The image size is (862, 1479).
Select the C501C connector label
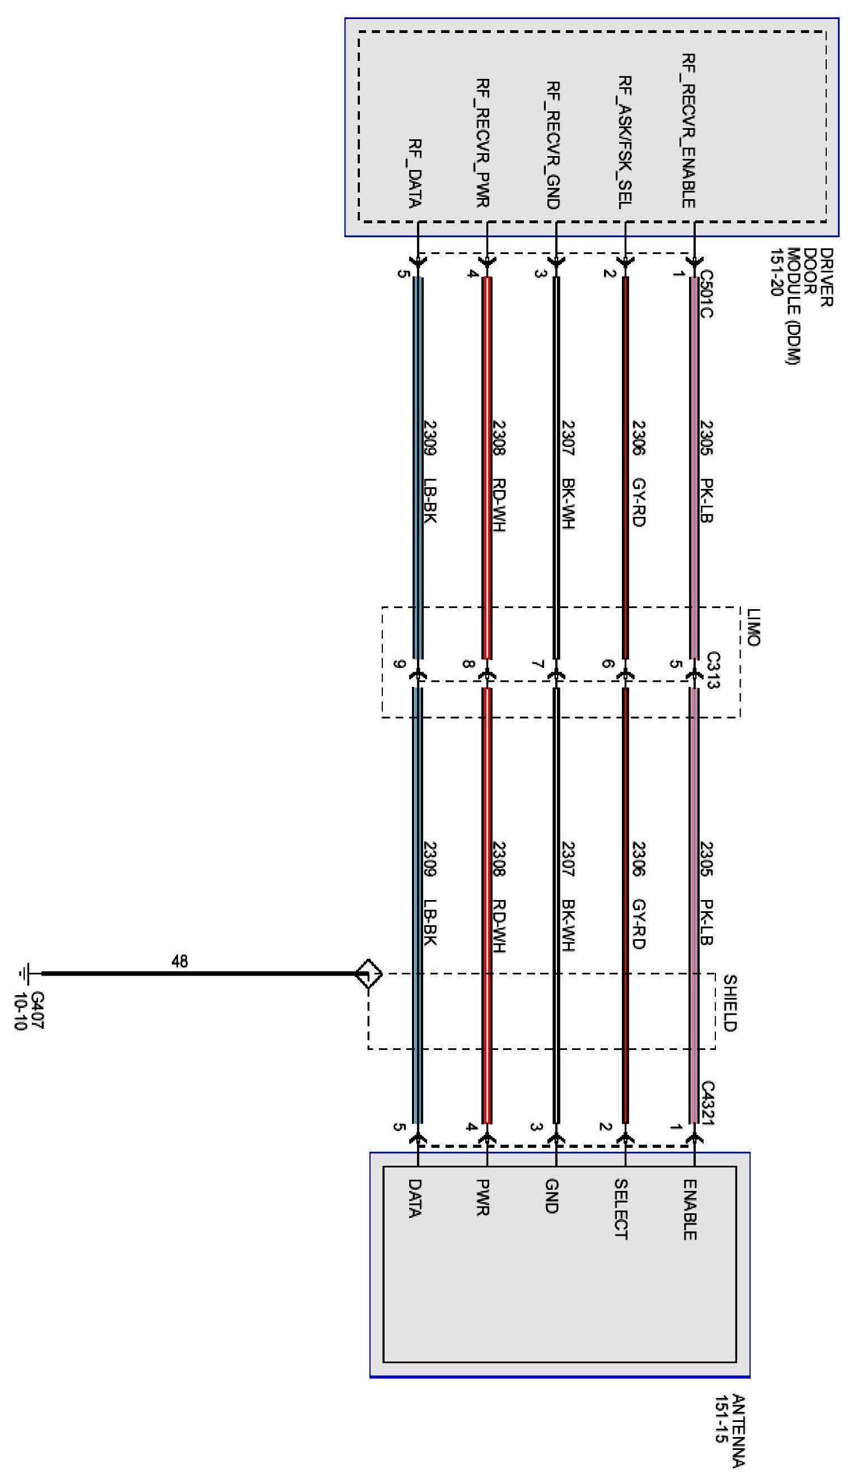706,294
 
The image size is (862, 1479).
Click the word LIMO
753,627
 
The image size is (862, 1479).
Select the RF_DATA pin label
415,174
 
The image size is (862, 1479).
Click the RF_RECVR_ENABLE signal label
689,130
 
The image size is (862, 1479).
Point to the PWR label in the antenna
483,1197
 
